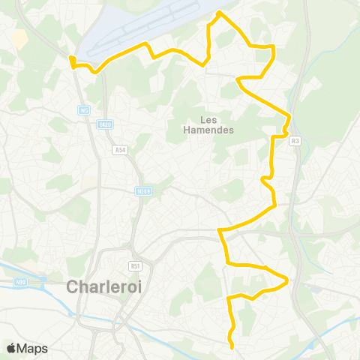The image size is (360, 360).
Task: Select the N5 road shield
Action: click(84, 110)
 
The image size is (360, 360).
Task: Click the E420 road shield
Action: click(105, 124)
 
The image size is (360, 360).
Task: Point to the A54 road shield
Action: click(120, 150)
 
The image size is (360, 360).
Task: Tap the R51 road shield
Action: click(135, 265)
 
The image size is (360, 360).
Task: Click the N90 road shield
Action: click(20, 282)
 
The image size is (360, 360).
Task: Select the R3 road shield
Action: click(295, 140)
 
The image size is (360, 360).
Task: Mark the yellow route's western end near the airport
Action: click(71, 58)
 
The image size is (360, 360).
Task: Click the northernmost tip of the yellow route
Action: click(218, 13)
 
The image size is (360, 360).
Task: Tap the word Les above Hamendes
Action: click(208, 119)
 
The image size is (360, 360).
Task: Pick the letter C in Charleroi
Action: click(73, 287)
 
